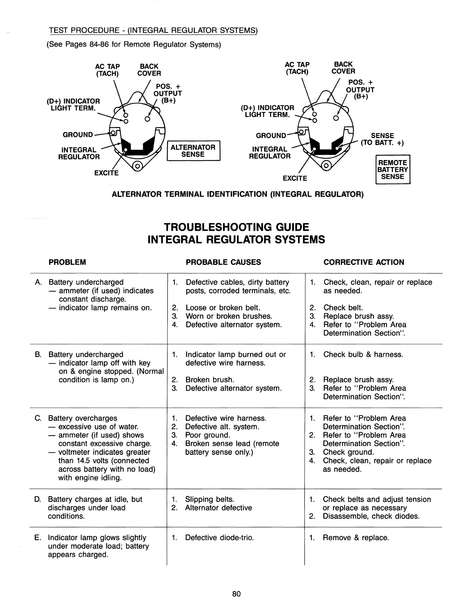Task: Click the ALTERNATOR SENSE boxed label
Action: [x=193, y=151]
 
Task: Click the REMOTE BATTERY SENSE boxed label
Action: [x=392, y=170]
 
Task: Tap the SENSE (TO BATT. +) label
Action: [x=382, y=139]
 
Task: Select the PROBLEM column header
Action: [x=67, y=262]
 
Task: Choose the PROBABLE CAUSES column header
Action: [x=223, y=262]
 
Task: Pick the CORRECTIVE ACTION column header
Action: [x=364, y=262]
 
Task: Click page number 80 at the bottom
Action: [x=236, y=594]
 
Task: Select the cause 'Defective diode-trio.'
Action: [x=219, y=537]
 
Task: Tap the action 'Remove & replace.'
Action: [x=356, y=537]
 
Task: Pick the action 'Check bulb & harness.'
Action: [x=363, y=354]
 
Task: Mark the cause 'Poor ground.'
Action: [x=208, y=435]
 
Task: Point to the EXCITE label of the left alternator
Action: [x=106, y=173]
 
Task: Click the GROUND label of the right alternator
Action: [x=271, y=135]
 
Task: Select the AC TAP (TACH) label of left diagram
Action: [x=108, y=70]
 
